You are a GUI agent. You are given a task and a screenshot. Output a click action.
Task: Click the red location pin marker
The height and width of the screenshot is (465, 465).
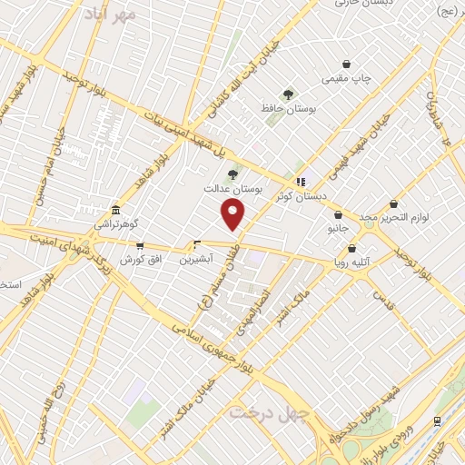click(x=233, y=215)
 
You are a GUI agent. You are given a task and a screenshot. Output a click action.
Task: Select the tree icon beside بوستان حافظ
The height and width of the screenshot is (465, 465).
click(x=289, y=94)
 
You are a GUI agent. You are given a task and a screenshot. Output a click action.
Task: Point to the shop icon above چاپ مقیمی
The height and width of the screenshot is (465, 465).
click(x=347, y=64)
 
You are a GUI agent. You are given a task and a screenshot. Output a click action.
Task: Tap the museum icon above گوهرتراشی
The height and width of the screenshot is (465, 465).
click(x=115, y=208)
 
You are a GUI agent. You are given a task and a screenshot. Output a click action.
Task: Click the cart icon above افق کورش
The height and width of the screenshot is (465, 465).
click(x=139, y=245)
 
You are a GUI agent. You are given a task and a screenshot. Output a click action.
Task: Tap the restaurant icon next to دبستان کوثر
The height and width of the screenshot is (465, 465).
click(x=301, y=181)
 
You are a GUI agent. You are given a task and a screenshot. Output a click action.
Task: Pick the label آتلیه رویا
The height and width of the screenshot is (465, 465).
click(x=351, y=263)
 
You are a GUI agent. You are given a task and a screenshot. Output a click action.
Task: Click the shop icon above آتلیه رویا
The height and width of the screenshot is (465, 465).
click(x=351, y=248)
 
